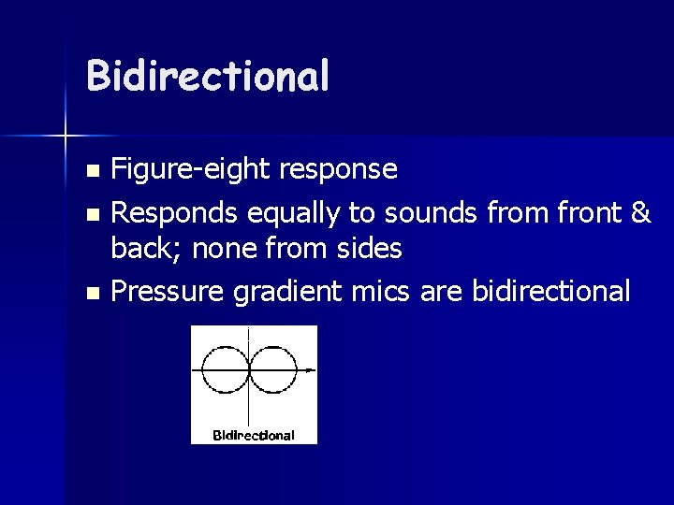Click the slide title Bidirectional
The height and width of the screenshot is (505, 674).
pos(207,76)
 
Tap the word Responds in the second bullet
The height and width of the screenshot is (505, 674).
pos(176,214)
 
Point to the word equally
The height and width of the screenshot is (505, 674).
pos(293,214)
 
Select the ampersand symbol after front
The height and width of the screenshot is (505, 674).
pos(641,213)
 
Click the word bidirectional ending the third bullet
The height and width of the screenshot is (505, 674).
pos(551,291)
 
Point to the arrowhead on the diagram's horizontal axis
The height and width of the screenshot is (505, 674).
pos(311,370)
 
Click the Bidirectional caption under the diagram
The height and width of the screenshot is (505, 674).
pos(254,435)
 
